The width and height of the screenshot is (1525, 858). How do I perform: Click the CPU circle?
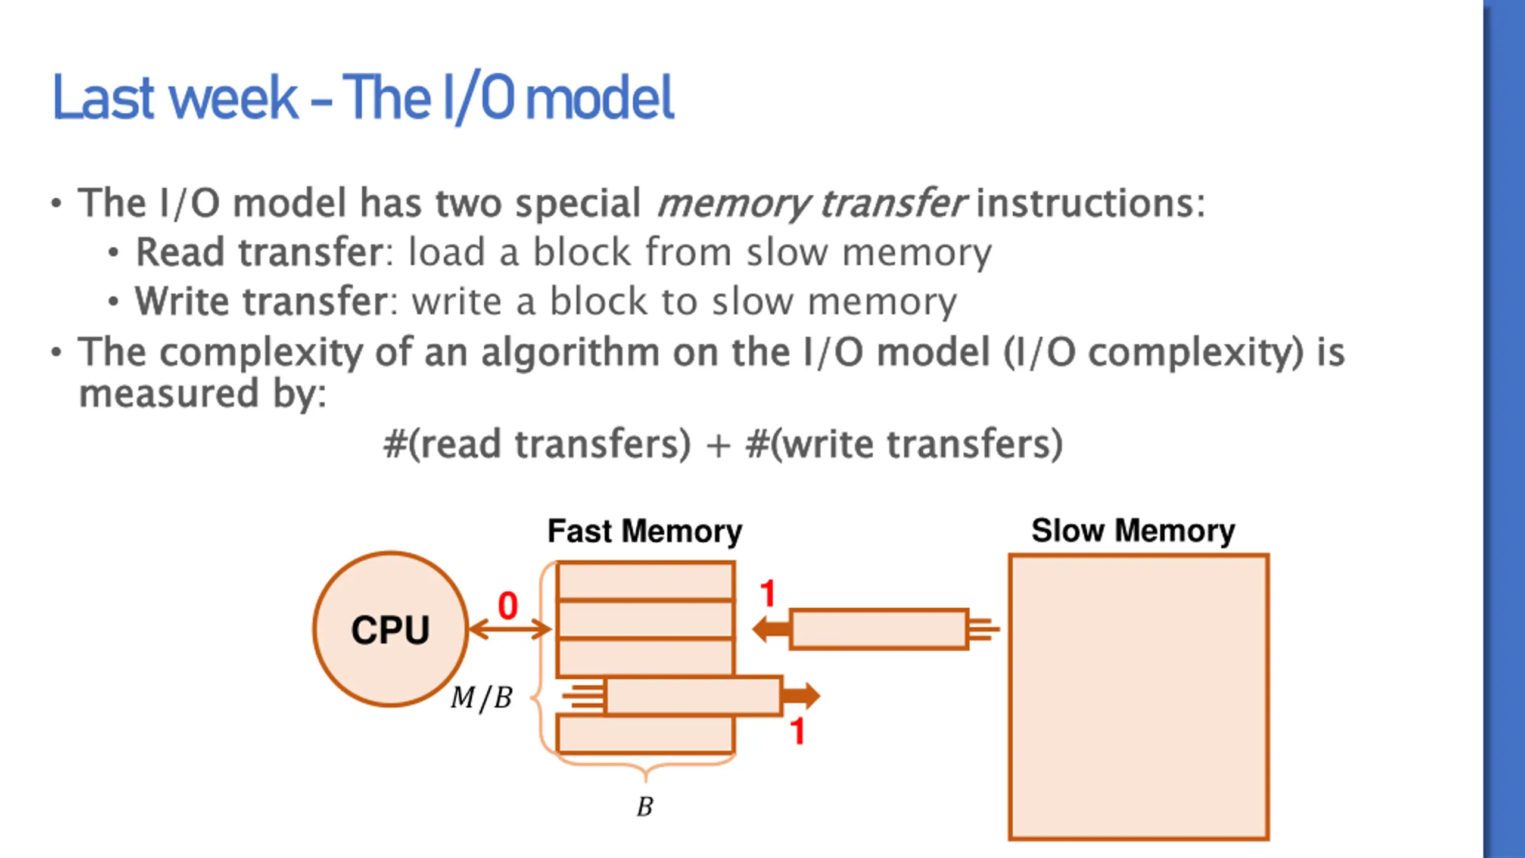(x=390, y=629)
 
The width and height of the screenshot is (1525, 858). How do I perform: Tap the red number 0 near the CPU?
(x=508, y=605)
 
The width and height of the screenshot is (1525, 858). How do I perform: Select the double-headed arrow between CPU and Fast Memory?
(x=510, y=629)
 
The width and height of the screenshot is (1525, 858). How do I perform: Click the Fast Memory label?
(x=645, y=531)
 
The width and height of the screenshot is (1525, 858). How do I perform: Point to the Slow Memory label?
(x=1133, y=530)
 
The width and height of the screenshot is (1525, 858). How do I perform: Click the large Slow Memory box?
(x=1138, y=697)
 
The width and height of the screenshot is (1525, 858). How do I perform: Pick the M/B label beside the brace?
(x=481, y=698)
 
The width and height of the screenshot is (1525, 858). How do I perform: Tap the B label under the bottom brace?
(x=645, y=807)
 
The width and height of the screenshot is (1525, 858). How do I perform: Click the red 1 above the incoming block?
(x=767, y=593)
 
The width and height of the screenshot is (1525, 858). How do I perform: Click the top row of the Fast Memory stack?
(x=645, y=581)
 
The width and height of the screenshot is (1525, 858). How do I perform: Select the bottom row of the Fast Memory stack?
(x=645, y=734)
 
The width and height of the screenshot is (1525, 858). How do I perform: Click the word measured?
(x=169, y=394)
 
